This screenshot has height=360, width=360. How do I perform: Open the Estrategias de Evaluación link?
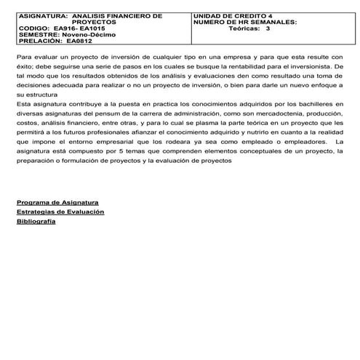pyautogui.click(x=60, y=211)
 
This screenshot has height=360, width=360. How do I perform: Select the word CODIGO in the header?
pyautogui.click(x=33, y=28)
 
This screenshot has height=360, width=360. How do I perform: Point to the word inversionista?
pyautogui.click(x=317, y=65)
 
